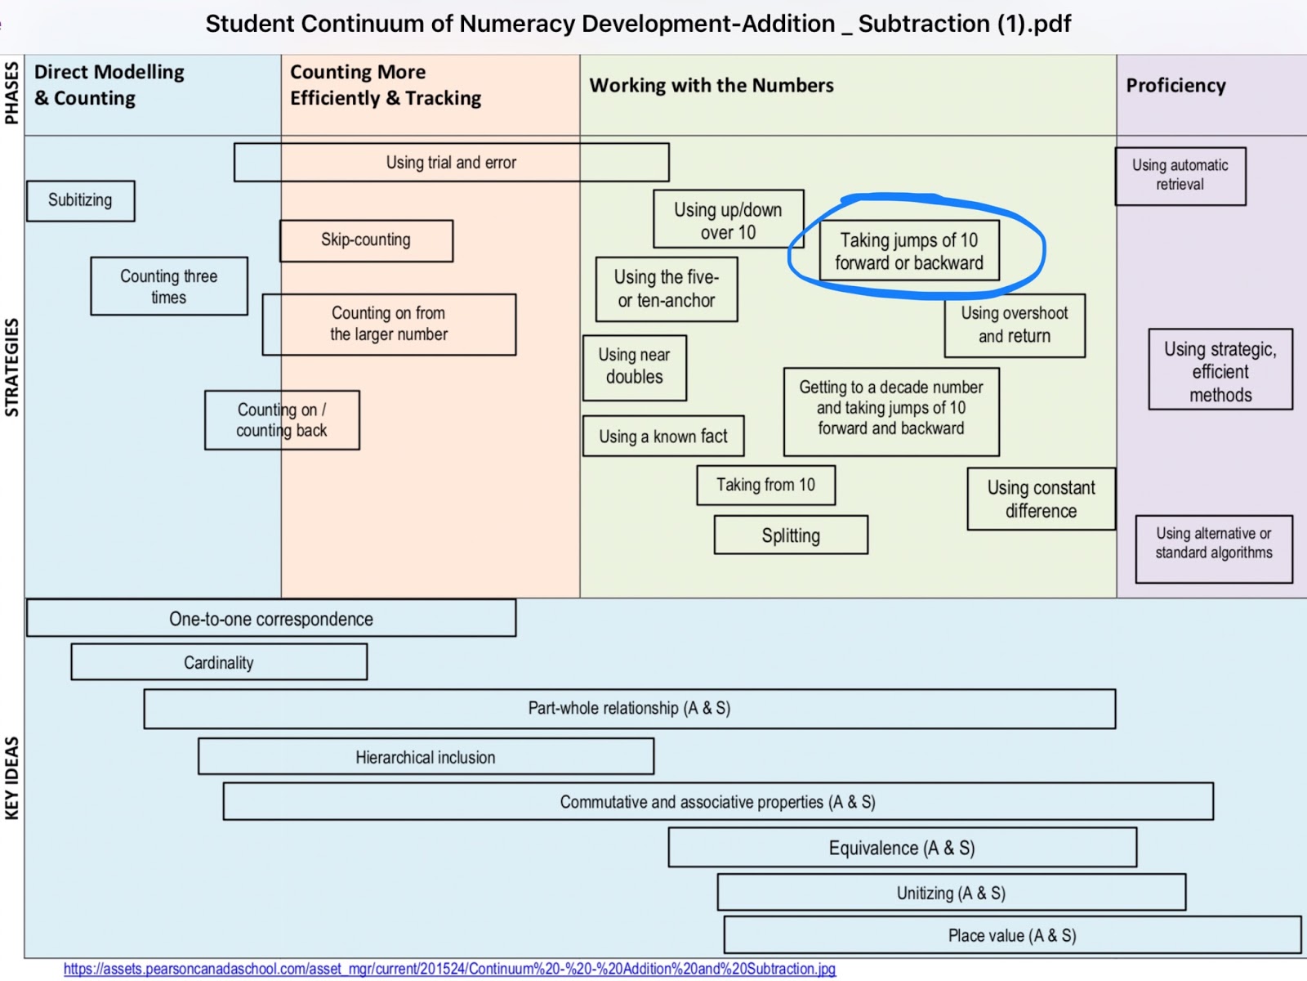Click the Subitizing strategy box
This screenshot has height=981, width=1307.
[x=81, y=201]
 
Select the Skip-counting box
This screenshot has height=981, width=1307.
[x=366, y=240]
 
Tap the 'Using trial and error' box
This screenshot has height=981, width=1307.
[x=452, y=162]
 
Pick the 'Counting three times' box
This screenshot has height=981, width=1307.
[x=169, y=286]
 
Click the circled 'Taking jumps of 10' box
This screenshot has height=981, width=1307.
[x=909, y=251]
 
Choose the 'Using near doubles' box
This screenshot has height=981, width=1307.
[x=635, y=368]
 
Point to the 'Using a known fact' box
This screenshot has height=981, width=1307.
[x=663, y=436]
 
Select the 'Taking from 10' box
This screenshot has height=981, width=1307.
[x=765, y=485]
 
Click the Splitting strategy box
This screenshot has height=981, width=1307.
[x=791, y=535]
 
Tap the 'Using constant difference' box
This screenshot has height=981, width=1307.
[x=1042, y=499]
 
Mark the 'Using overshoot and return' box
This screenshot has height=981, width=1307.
[x=1015, y=325]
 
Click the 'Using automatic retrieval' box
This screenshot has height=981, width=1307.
[x=1180, y=177]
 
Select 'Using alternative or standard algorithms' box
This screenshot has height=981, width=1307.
[x=1214, y=549]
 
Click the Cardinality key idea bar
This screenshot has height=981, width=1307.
[x=219, y=661]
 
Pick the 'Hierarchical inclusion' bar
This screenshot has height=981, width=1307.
[x=426, y=756]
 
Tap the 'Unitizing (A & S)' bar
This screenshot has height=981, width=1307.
[x=952, y=892]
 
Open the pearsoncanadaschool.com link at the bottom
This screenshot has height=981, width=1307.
[x=449, y=969]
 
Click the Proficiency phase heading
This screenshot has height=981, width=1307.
[x=1176, y=86]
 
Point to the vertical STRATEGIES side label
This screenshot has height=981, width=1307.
[x=12, y=367]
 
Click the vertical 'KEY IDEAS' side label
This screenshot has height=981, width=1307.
[x=12, y=778]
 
